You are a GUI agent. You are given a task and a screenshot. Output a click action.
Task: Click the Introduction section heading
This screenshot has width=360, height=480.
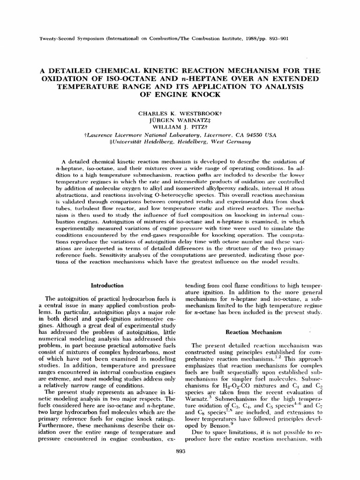107,285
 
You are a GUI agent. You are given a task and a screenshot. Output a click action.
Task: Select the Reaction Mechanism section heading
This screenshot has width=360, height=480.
254,332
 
